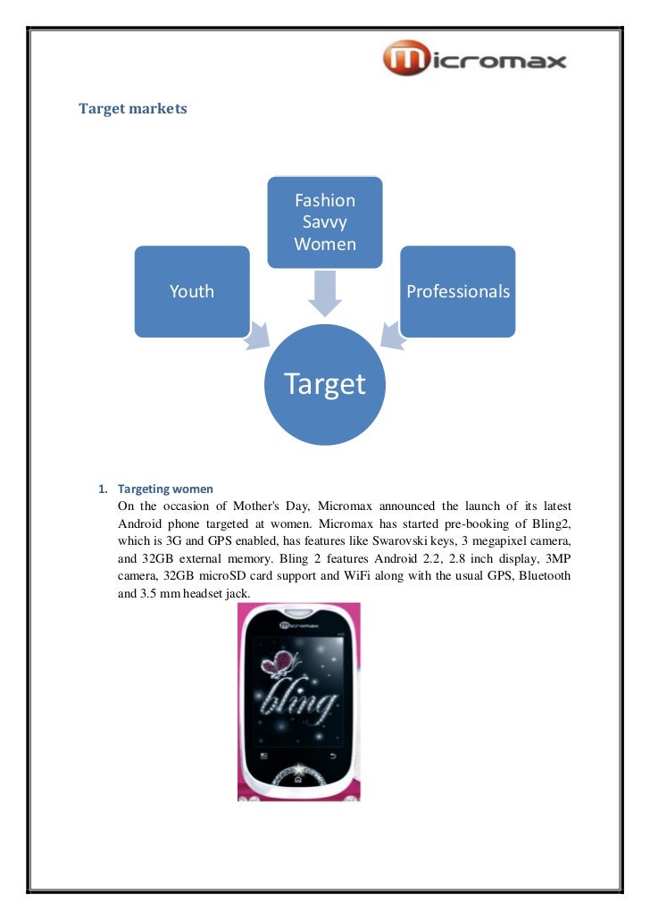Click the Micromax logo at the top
pos(474,61)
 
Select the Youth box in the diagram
pos(192,291)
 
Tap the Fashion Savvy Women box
pos(325,222)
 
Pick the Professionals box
pos(458,291)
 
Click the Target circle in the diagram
pos(325,384)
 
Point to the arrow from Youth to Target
pos(259,334)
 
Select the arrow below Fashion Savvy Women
pos(325,292)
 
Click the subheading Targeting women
pos(165,489)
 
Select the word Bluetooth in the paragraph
pos(541,576)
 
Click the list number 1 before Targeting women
pos(102,489)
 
